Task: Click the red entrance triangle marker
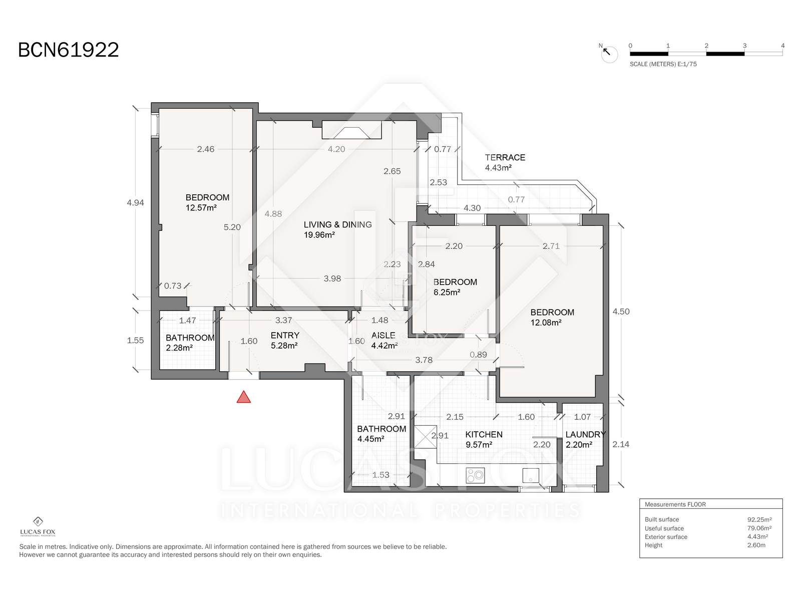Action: pos(243,397)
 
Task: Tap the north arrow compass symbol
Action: pos(609,54)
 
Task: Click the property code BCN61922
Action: pos(69,50)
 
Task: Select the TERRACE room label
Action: pos(505,157)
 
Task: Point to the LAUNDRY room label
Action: pos(585,434)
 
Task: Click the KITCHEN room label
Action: pos(484,434)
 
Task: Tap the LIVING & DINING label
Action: pos(337,224)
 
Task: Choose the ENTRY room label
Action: pos(285,335)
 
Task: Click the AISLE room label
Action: pos(383,335)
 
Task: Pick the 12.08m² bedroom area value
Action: pos(546,323)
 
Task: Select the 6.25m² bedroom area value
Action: pos(446,292)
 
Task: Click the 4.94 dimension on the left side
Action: pos(135,202)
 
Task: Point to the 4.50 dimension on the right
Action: pos(621,311)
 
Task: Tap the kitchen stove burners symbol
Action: pos(475,475)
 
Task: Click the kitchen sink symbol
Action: pos(531,475)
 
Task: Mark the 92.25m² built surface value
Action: pos(759,520)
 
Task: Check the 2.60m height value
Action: pos(756,545)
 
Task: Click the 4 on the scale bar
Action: pos(782,46)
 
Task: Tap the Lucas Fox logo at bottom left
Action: pos(38,527)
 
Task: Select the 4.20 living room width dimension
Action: pos(336,149)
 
